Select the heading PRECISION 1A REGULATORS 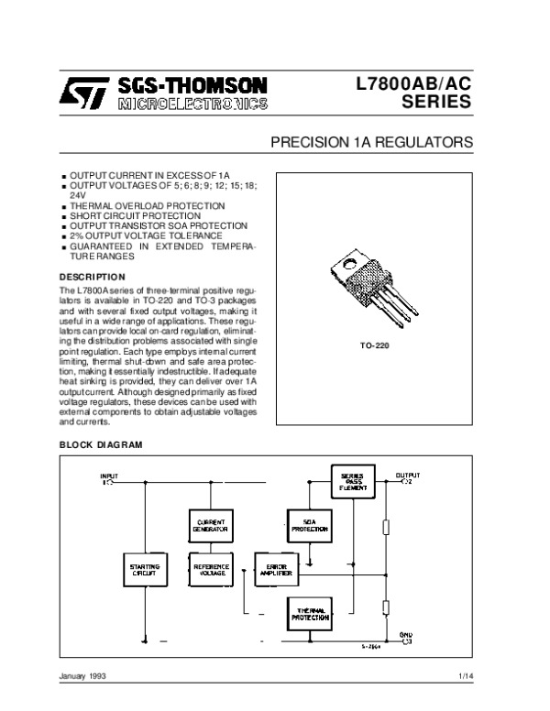click(x=371, y=144)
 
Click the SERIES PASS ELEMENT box click(x=352, y=481)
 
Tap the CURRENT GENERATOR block click(x=211, y=527)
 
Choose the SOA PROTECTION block click(x=310, y=527)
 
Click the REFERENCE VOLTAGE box click(x=211, y=570)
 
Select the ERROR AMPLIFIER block click(x=277, y=570)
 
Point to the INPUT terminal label click(x=109, y=476)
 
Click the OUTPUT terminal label click(x=408, y=476)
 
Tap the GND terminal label click(x=407, y=634)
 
